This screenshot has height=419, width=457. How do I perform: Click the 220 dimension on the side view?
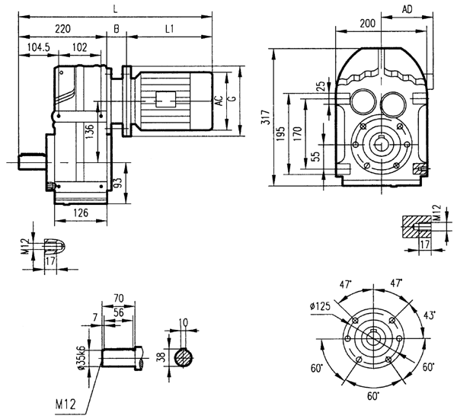pyautogui.click(x=63, y=28)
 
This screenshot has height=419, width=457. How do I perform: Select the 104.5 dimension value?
pyautogui.click(x=37, y=47)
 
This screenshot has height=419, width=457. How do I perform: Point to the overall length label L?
pyautogui.click(x=115, y=8)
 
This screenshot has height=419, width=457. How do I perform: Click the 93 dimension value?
pyautogui.click(x=117, y=183)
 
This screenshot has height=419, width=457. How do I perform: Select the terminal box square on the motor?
pyautogui.click(x=166, y=99)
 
